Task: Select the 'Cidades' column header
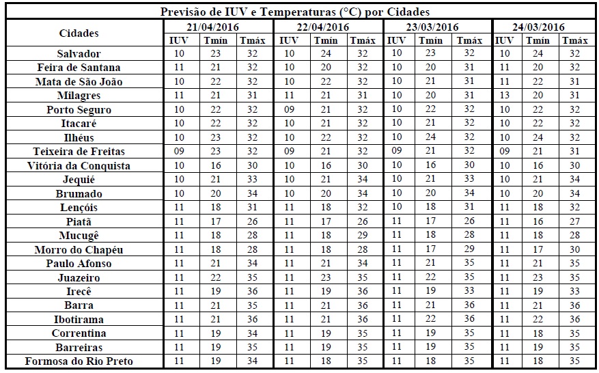(x=79, y=33)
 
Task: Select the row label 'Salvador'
(x=79, y=53)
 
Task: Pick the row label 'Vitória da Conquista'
(x=79, y=165)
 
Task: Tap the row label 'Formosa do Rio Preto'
(x=79, y=361)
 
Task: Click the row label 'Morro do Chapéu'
(x=79, y=249)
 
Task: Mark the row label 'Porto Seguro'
(x=79, y=109)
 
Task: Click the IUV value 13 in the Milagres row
(x=505, y=96)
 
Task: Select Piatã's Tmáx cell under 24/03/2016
(x=575, y=221)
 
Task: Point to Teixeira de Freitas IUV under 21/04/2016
(x=179, y=152)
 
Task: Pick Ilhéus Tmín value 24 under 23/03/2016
(x=431, y=137)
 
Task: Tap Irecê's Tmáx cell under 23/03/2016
(x=469, y=291)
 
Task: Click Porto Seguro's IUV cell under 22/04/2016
(x=289, y=109)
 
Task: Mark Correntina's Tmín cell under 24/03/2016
(x=540, y=333)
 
